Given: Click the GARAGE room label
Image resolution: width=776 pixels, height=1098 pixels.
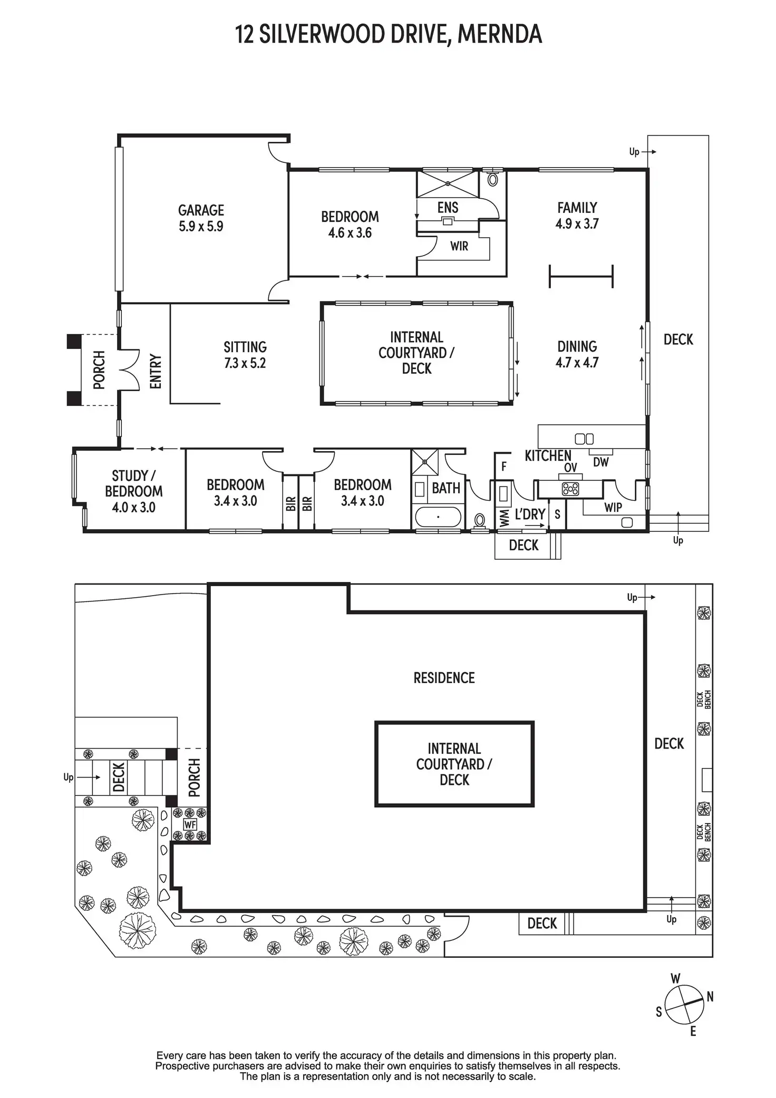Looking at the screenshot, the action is point(201,210).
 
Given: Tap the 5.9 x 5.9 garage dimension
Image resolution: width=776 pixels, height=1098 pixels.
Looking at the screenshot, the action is point(201,227).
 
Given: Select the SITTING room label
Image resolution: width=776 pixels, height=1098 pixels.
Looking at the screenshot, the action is point(245,347).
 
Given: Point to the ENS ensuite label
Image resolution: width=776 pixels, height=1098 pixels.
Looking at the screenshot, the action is point(448,207).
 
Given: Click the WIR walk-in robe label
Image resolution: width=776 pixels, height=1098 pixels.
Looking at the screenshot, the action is point(459,246).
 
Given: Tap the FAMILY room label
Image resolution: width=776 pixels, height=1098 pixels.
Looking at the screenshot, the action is point(577,208).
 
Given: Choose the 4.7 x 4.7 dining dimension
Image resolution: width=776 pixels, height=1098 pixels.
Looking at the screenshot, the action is point(577,363).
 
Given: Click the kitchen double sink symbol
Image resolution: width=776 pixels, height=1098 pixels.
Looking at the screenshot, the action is point(584,439).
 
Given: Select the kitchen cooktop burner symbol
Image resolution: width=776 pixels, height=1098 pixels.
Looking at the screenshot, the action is point(570,489).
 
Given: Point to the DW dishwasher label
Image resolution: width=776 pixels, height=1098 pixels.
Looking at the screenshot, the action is point(601,462).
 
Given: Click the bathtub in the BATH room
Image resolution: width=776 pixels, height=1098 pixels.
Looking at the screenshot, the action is point(438,517).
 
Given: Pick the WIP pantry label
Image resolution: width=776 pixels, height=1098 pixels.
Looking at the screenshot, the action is point(613,508).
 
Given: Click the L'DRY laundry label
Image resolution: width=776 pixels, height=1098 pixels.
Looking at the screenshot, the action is point(530,514).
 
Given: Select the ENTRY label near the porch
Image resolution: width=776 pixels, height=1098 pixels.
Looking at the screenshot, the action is point(156,372).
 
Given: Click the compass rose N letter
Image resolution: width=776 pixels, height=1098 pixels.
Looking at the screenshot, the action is point(710,997).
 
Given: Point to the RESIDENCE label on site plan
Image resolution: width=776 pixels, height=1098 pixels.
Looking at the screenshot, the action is point(444,678).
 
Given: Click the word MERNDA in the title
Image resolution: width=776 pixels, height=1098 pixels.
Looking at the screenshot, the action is point(500,35).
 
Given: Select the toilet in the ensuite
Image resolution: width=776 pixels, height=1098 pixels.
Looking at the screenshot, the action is point(493,179).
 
